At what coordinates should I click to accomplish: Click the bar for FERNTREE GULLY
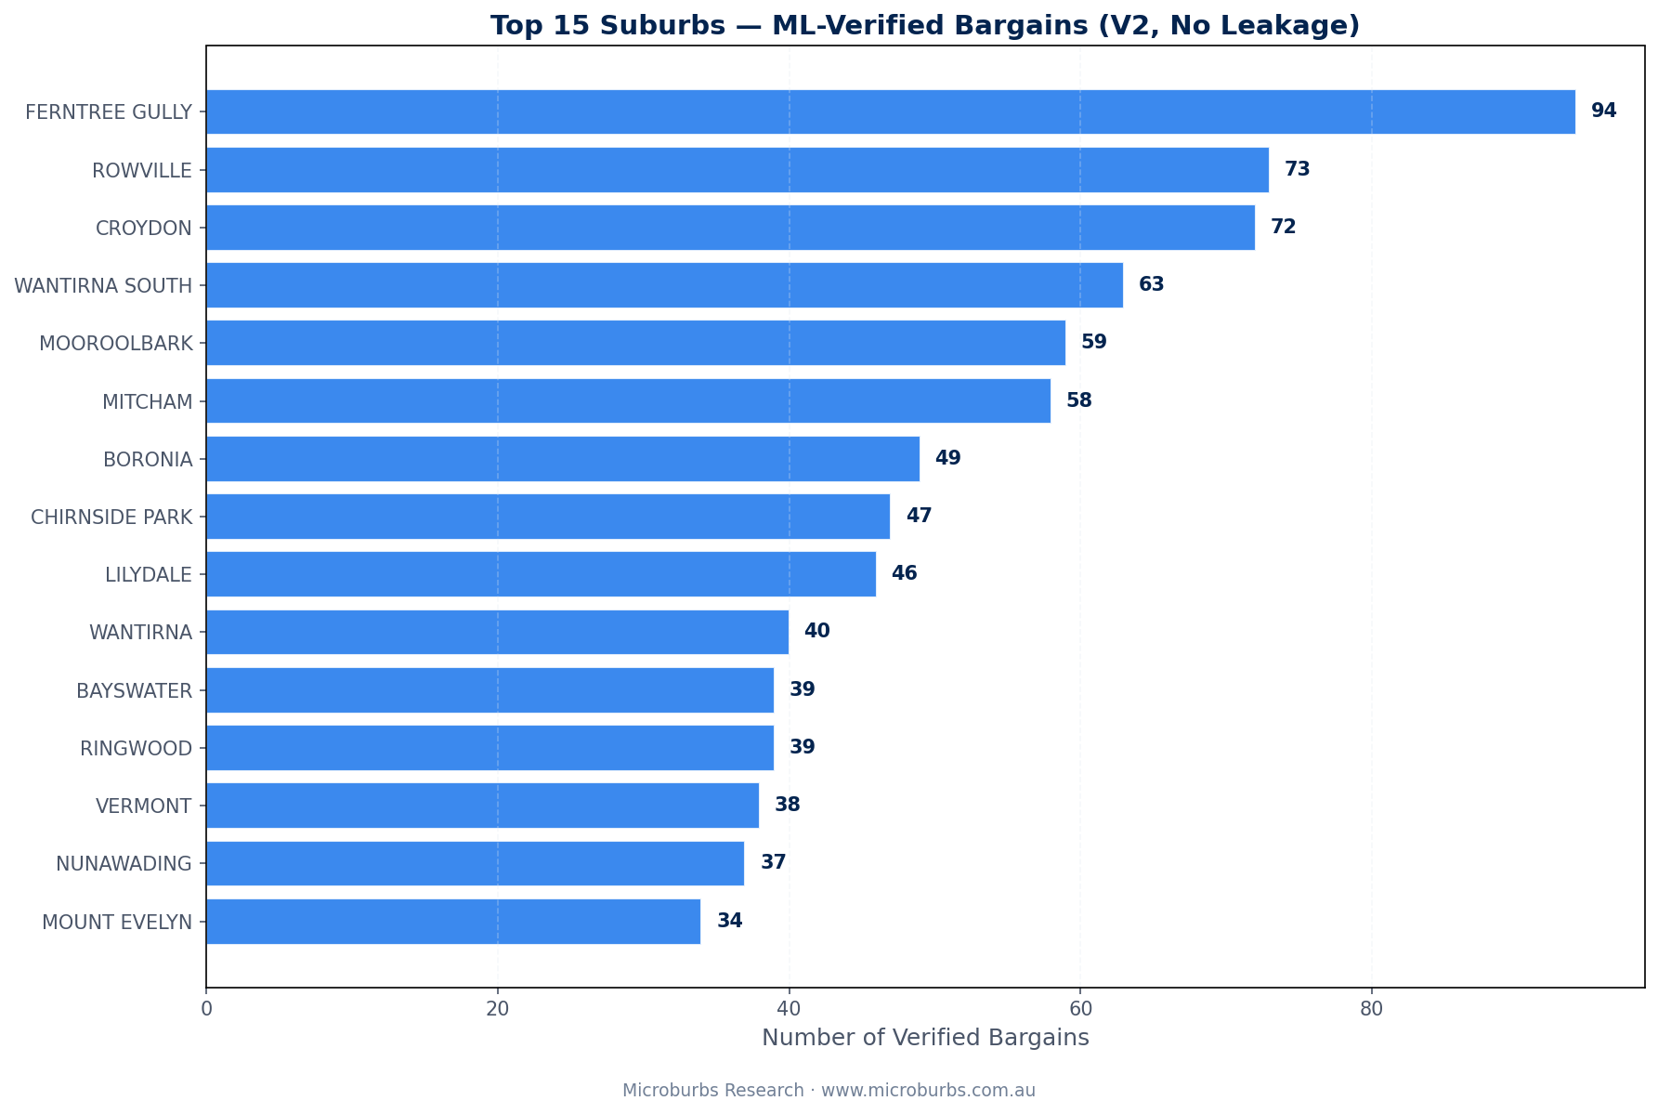point(890,111)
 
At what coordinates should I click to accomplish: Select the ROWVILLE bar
point(737,170)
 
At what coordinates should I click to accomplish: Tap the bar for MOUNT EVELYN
point(453,922)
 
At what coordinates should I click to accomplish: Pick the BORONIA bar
point(562,459)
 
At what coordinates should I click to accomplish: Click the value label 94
point(1603,111)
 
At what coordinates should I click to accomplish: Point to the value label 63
point(1151,285)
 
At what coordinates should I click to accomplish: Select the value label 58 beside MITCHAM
point(1078,401)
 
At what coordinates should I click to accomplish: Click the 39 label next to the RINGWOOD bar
point(802,748)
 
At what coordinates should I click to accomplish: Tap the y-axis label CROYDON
point(144,229)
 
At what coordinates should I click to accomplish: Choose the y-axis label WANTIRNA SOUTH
point(103,286)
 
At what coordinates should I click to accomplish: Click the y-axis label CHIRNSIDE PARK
point(111,518)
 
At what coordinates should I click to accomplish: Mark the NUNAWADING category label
point(124,864)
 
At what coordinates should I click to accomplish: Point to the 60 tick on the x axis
point(1079,1009)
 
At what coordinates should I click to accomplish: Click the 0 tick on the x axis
point(206,1009)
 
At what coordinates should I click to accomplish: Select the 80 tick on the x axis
point(1371,1009)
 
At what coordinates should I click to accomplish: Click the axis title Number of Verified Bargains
point(925,1038)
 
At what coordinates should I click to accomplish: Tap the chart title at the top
point(925,26)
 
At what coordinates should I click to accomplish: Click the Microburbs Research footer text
point(829,1091)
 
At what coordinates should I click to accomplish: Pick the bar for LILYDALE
point(541,574)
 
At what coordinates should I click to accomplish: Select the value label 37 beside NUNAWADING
point(773,863)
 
